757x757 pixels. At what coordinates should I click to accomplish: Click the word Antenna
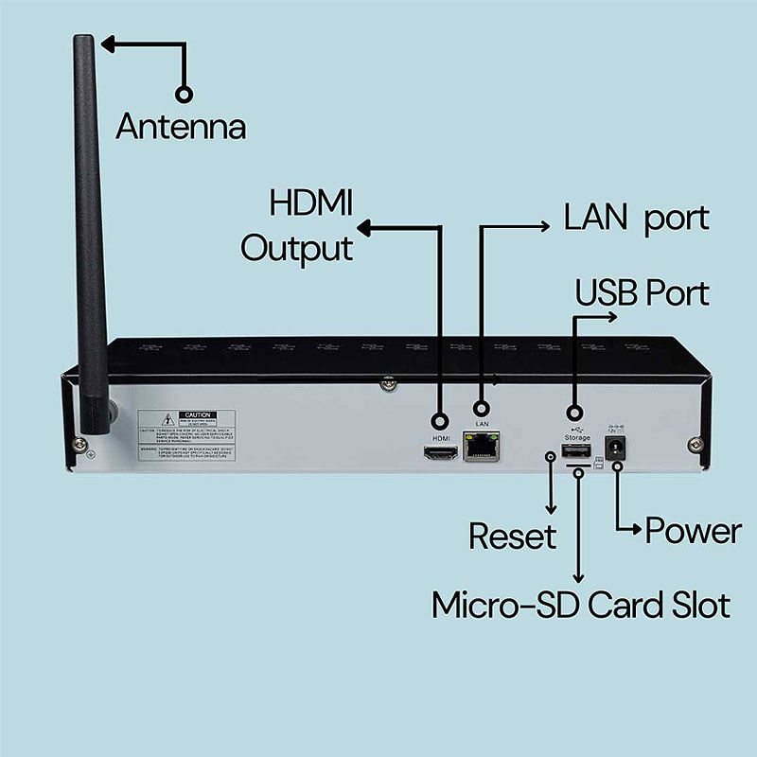pos(180,126)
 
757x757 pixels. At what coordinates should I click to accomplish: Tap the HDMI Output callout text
pos(297,227)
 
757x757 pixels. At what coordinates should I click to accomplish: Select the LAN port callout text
pos(636,219)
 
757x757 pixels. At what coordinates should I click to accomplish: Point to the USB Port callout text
pos(643,293)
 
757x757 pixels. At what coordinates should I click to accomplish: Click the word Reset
pos(512,537)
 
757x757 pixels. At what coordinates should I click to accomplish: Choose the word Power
pos(693,531)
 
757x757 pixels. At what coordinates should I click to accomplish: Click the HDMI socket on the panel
pos(440,455)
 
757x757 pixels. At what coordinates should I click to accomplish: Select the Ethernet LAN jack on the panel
pos(481,448)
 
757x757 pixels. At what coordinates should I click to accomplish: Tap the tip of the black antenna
pos(83,43)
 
